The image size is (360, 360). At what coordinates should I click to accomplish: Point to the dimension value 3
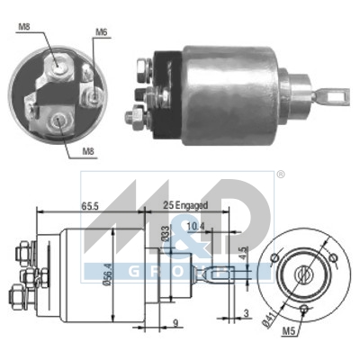pos(247,312)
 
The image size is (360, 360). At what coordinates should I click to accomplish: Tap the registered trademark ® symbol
pos(255,175)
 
